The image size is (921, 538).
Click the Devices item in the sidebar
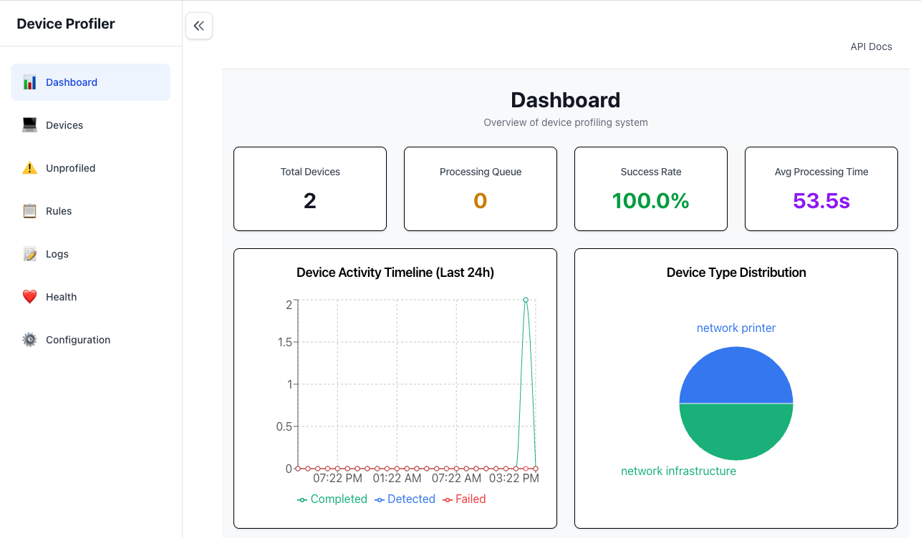click(64, 125)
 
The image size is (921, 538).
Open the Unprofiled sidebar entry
click(70, 168)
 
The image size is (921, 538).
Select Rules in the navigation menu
click(59, 211)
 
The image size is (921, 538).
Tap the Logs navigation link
click(57, 254)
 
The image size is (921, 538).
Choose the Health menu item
click(61, 297)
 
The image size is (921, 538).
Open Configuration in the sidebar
click(77, 340)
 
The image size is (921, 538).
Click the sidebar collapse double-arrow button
click(199, 26)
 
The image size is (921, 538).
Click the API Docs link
click(871, 47)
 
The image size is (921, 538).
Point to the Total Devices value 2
click(309, 201)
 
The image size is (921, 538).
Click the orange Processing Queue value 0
click(480, 201)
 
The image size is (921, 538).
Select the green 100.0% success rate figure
click(650, 201)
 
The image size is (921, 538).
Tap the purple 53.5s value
click(821, 201)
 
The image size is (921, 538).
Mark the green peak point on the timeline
click(526, 300)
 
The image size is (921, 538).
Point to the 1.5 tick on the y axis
click(284, 342)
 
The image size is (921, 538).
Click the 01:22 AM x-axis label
click(397, 478)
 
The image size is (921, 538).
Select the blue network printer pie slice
click(736, 376)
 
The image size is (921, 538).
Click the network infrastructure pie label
click(678, 471)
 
